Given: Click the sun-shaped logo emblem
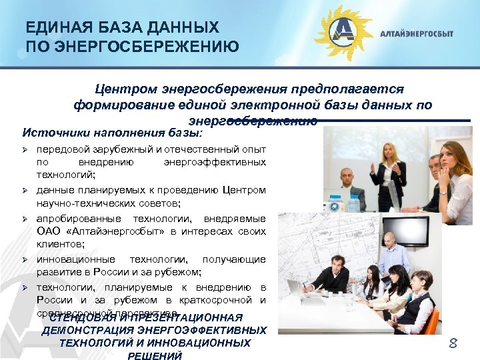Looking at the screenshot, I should point(343,33).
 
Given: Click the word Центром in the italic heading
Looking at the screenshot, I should point(118,89).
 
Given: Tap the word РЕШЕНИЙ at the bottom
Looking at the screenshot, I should point(155,356).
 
